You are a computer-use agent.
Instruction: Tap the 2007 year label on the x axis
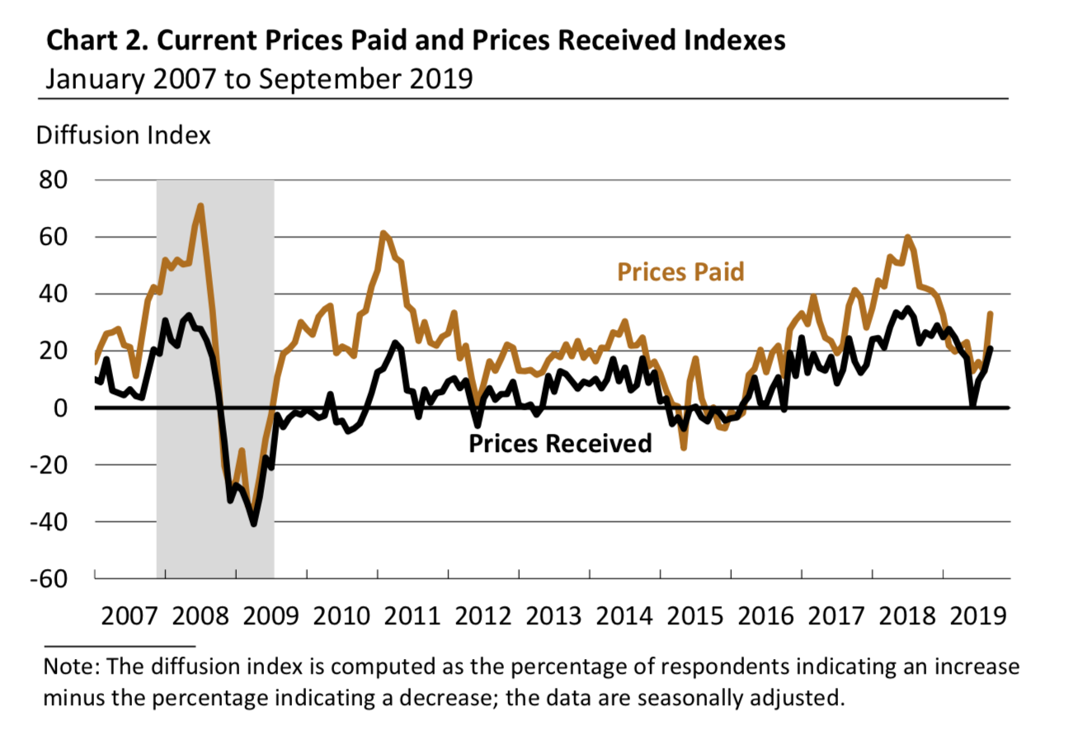pos(129,615)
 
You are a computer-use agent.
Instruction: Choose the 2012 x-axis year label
pos(483,615)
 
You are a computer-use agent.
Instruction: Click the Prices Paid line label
pos(680,271)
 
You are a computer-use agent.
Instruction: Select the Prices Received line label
pos(560,444)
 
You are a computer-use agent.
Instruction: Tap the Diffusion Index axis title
pos(124,135)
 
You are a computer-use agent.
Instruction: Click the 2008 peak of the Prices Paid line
pos(200,206)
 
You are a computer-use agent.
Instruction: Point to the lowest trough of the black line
pos(253,524)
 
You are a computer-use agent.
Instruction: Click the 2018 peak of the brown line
pos(907,238)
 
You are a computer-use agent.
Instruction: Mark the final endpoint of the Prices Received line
pos(991,348)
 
